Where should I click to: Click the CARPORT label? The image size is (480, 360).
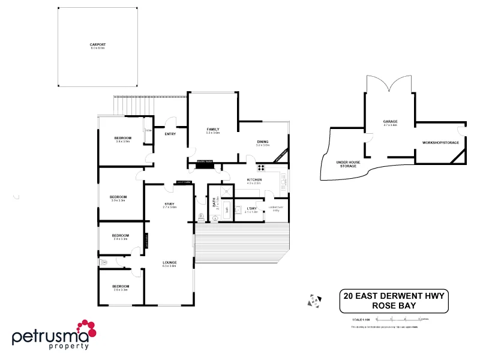[x=97, y=44]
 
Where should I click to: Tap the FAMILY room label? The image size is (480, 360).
[x=212, y=129]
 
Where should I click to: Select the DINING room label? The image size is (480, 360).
[x=263, y=142]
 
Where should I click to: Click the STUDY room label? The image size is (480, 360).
[x=169, y=204]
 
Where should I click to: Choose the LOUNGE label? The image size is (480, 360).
[x=169, y=262]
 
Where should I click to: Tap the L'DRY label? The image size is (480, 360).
[x=251, y=208]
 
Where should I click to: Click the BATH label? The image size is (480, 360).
[x=214, y=205]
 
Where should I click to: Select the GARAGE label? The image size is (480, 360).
[x=390, y=122]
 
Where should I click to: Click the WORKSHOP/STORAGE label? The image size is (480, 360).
[x=440, y=142]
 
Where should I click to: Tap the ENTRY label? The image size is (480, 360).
[x=170, y=134]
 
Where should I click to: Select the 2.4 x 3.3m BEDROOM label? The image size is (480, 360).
[x=121, y=236]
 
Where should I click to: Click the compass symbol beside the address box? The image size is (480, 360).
[x=313, y=300]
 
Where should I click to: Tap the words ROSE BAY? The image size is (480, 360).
[x=394, y=305]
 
